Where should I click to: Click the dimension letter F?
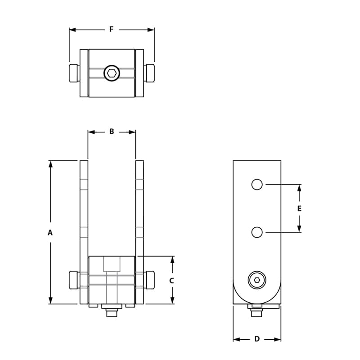click(x=112, y=30)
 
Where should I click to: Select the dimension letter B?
click(x=112, y=132)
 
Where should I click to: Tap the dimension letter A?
click(x=50, y=233)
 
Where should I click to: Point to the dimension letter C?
click(x=171, y=280)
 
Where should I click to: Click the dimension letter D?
click(x=257, y=339)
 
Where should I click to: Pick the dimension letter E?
click(x=299, y=208)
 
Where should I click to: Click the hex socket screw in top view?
click(x=112, y=73)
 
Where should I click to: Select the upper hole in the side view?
click(x=257, y=184)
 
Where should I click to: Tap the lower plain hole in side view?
click(x=257, y=232)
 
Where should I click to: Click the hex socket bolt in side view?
click(x=257, y=280)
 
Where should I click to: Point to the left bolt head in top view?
click(x=74, y=73)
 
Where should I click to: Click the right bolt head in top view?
click(x=150, y=73)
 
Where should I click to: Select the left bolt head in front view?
click(x=74, y=280)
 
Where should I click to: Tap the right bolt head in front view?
click(x=150, y=280)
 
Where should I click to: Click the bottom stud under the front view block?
click(x=112, y=314)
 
